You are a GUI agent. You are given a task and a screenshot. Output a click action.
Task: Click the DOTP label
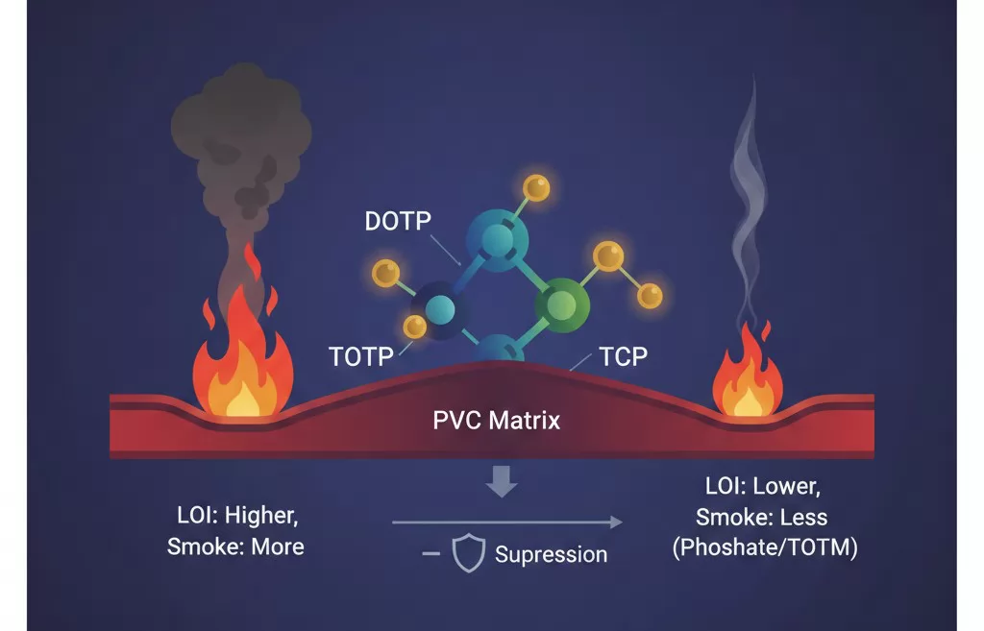tap(399, 220)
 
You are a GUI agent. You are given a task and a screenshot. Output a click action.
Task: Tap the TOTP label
tap(361, 357)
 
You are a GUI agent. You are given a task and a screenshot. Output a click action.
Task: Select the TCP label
tap(624, 357)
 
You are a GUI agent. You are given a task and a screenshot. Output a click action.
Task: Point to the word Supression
tap(551, 554)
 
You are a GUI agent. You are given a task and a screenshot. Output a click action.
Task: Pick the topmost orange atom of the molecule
tap(535, 188)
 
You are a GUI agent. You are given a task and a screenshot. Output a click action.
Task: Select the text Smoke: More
tap(235, 546)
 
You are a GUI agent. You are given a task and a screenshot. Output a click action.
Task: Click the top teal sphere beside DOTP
tap(498, 235)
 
